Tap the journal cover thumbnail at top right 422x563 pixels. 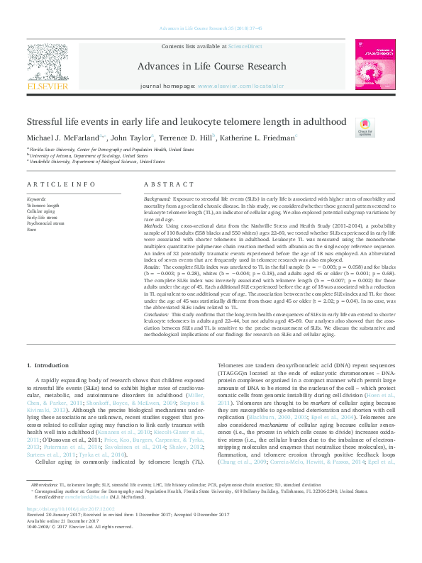tap(376, 65)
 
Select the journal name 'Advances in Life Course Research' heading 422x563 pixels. tap(213, 67)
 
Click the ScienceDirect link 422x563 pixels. tap(245, 46)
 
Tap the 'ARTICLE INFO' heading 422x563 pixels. tap(61, 184)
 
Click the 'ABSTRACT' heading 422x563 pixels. tap(169, 184)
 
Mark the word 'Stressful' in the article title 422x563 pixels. tap(45, 122)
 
